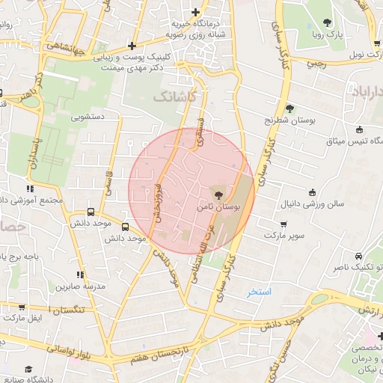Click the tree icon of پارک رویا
coord(327,22)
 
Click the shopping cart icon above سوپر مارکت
coord(284,224)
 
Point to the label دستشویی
coord(87,117)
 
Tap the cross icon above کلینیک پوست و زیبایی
coord(132,46)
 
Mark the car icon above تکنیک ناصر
coord(359,256)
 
